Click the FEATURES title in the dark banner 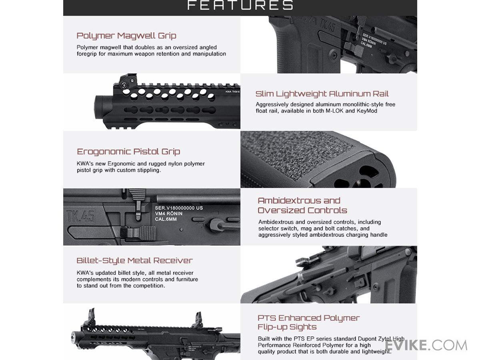[240, 5]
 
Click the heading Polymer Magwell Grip [126, 36]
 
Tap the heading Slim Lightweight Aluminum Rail [322, 94]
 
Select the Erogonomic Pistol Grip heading [128, 152]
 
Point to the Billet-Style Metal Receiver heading [134, 260]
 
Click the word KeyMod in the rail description [367, 111]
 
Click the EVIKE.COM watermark [426, 345]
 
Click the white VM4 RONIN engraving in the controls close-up [169, 214]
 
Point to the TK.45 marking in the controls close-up [80, 217]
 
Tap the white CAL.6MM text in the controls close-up [166, 219]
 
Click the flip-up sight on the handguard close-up [128, 80]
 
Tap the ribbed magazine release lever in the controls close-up [139, 233]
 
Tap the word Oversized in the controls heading [279, 210]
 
